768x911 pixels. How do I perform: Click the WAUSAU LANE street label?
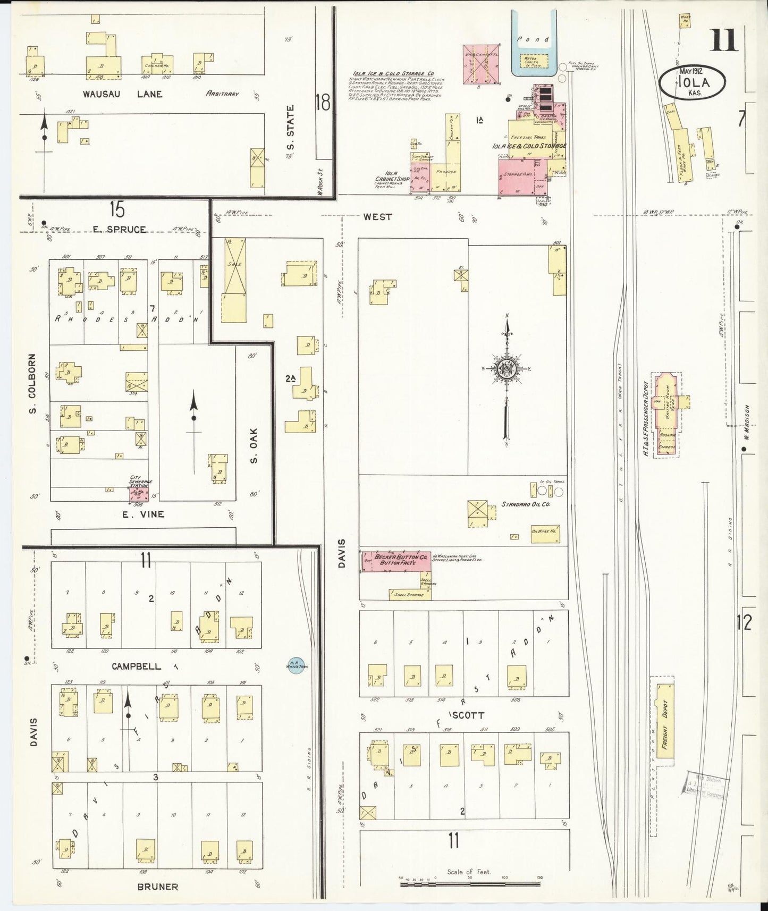click(122, 94)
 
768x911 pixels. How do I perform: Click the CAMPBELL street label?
click(137, 666)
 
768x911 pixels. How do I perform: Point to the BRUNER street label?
click(158, 887)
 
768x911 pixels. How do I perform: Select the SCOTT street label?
click(468, 715)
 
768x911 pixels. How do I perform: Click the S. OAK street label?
click(254, 445)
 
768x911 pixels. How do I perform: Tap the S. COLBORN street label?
click(32, 384)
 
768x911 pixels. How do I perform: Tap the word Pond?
click(534, 39)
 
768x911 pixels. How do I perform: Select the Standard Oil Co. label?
click(525, 503)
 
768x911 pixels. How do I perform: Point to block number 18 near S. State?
click(323, 102)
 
